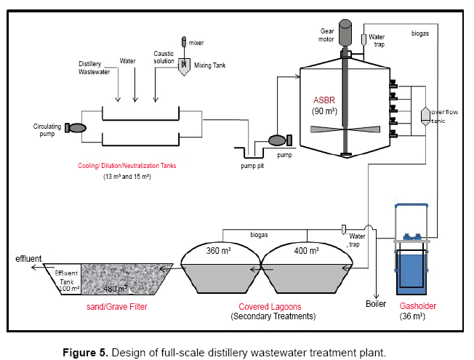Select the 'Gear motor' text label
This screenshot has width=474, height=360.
[325, 35]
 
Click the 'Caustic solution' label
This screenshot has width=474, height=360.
[165, 58]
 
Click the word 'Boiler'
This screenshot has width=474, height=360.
[376, 304]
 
